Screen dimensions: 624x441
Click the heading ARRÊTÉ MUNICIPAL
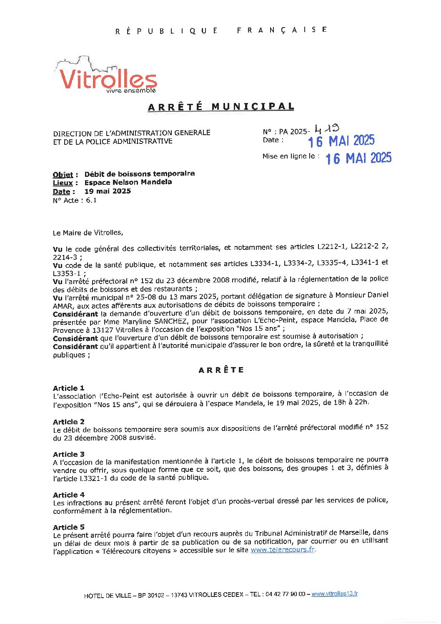[221, 107]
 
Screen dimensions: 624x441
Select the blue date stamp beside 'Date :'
[341, 141]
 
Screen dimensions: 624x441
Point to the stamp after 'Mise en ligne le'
[358, 158]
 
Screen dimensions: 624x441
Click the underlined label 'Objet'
[63, 175]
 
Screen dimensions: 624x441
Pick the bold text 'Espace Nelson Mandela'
[128, 182]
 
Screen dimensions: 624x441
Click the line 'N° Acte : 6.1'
[75, 200]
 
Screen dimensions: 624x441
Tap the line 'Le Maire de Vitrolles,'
[88, 233]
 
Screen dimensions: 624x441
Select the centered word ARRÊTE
[221, 370]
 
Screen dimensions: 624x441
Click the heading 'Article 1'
[68, 388]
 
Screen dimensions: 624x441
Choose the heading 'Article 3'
[68, 454]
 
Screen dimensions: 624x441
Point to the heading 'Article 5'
[68, 527]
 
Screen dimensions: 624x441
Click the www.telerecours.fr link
[282, 550]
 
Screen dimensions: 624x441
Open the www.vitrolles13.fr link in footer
[335, 594]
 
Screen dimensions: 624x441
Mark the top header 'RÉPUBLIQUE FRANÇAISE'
[221, 30]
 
